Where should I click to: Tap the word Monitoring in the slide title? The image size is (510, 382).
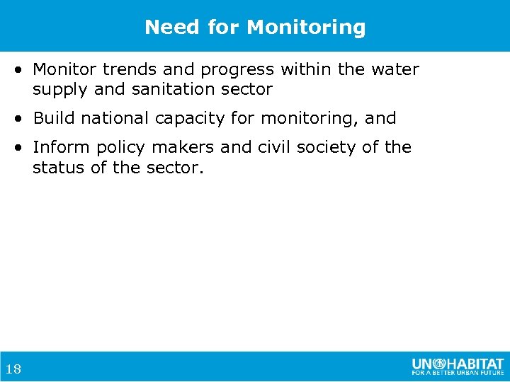coord(306,28)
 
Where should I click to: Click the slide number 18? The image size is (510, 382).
coord(12,369)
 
